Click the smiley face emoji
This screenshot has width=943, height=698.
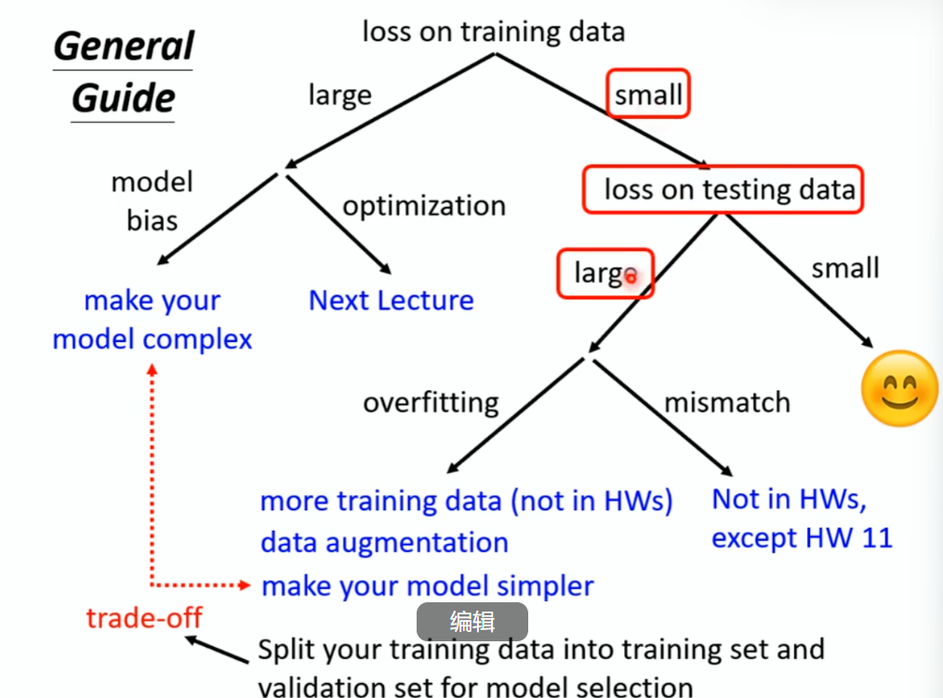[x=898, y=389]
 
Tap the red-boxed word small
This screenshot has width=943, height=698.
[x=648, y=94]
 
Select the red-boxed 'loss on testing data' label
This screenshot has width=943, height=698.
[x=724, y=190]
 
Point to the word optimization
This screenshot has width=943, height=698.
[x=424, y=205]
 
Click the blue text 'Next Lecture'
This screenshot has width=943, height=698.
[x=391, y=300]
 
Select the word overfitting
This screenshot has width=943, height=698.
[x=431, y=402]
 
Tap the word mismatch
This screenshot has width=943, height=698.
[x=726, y=402]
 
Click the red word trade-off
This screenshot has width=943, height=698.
[x=144, y=617]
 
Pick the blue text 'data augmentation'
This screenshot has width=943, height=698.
[x=384, y=542]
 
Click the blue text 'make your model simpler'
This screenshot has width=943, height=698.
[x=428, y=586]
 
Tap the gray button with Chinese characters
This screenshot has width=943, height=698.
[x=471, y=622]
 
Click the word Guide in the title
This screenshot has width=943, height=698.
[x=123, y=98]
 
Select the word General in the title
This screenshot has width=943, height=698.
[x=123, y=46]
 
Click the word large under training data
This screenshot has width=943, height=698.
[x=339, y=95]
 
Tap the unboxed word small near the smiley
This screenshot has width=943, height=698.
[x=844, y=269]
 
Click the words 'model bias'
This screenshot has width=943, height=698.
[x=152, y=200]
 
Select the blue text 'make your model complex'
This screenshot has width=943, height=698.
[x=153, y=320]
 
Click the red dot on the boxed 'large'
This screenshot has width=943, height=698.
[x=631, y=276]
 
